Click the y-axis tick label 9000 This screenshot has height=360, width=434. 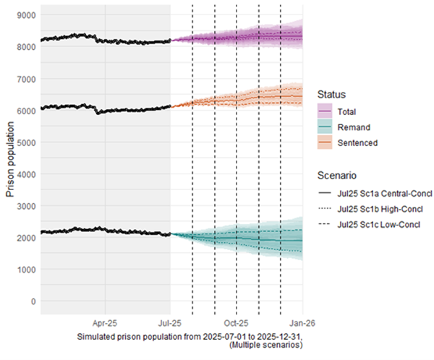[x=27, y=14]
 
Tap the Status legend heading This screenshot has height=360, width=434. [x=331, y=95]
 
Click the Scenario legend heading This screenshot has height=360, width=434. [x=337, y=175]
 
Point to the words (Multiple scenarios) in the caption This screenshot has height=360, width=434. [x=265, y=346]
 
